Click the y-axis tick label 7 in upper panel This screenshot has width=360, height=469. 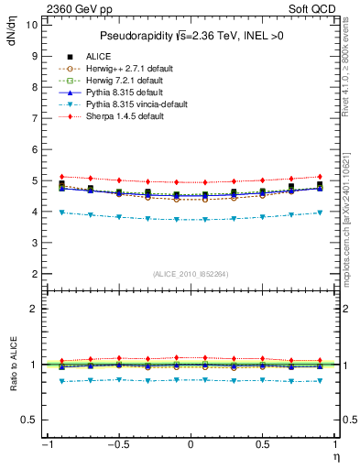click(34, 118)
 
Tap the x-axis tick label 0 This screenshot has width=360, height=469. click(190, 444)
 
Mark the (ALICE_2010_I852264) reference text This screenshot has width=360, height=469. click(190, 273)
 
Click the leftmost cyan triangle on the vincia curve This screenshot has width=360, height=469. click(61, 213)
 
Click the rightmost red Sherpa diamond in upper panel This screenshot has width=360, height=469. click(319, 176)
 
